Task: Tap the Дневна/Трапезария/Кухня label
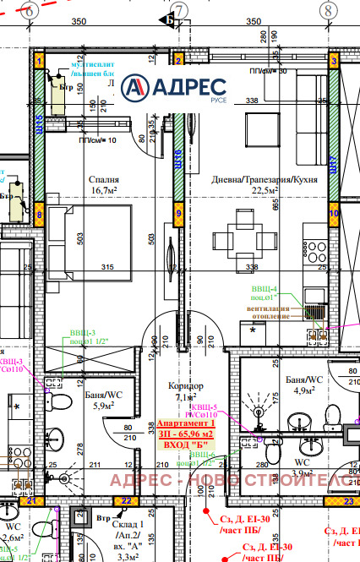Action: [x=259, y=179]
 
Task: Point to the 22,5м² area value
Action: [x=259, y=191]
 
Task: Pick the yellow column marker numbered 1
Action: [x=38, y=61]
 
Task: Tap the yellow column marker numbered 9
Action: [x=177, y=214]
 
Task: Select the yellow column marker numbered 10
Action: [x=333, y=214]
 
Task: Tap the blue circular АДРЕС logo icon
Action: [x=135, y=87]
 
